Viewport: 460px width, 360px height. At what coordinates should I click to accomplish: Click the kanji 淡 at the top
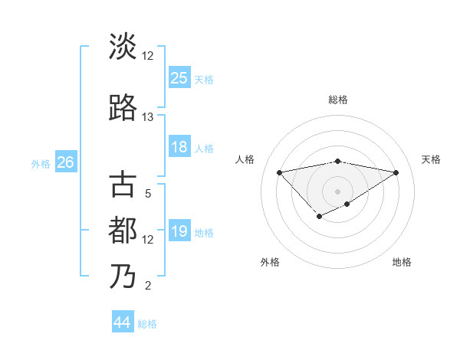[x=123, y=47]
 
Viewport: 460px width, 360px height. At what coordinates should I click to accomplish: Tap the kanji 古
[x=123, y=185]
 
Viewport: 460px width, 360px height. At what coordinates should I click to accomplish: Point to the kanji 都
[x=123, y=231]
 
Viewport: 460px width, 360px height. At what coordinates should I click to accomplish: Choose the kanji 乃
[x=123, y=277]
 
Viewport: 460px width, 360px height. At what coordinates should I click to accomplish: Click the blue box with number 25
[x=179, y=77]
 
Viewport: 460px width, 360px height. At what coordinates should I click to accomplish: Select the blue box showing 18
[x=179, y=148]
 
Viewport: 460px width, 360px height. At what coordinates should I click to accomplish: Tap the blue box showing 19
[x=179, y=232]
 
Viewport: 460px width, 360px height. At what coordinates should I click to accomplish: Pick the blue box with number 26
[x=65, y=162]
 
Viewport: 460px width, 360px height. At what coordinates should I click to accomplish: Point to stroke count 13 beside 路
[x=148, y=117]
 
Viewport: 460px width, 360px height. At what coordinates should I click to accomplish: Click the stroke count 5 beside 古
[x=148, y=194]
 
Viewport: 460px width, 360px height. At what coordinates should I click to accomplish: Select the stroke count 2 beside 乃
[x=148, y=286]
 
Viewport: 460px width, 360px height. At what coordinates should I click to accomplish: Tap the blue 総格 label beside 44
[x=147, y=324]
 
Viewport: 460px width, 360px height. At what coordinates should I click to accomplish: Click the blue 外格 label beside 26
[x=41, y=164]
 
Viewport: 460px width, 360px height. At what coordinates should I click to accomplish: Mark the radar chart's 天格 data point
[x=396, y=172]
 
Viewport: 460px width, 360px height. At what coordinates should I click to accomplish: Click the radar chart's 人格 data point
[x=279, y=172]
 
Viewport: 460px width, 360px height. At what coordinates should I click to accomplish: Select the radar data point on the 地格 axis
[x=347, y=204]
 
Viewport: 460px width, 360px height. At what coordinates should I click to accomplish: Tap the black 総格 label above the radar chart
[x=338, y=100]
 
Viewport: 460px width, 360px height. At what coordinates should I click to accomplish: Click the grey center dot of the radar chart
[x=337, y=191]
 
